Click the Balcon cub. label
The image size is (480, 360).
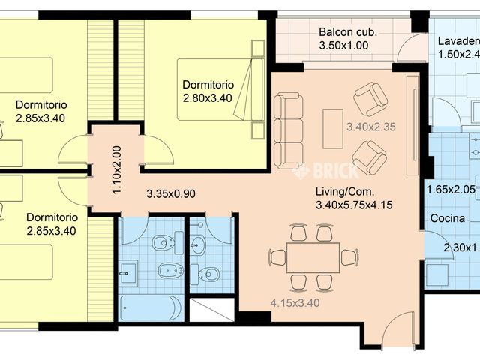click(x=347, y=32)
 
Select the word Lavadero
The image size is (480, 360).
click(x=457, y=40)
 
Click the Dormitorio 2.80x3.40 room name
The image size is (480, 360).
click(x=208, y=85)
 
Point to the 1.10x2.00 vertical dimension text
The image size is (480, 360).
click(x=116, y=170)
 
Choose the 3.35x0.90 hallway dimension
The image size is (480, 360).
click(x=170, y=193)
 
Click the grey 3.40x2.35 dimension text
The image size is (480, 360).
click(x=370, y=127)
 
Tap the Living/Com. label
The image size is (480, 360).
click(x=342, y=191)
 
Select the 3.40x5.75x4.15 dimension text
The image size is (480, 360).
click(x=355, y=205)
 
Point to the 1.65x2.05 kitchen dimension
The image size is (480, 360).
click(x=450, y=190)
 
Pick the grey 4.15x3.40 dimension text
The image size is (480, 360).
click(x=295, y=304)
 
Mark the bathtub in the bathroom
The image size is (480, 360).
click(x=151, y=307)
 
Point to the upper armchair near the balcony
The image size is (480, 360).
click(x=370, y=98)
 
